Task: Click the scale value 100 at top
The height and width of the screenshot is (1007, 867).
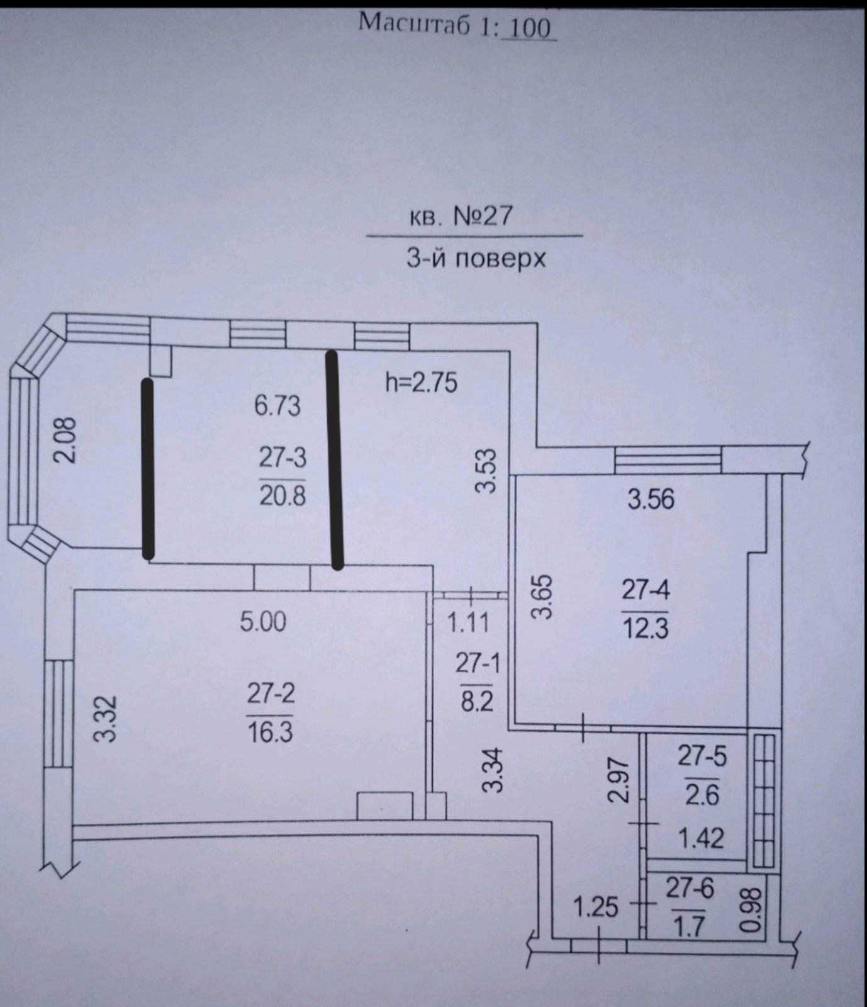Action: click(529, 28)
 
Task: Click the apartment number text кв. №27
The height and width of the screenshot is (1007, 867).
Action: click(461, 217)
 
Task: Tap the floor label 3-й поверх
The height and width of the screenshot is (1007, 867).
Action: click(476, 259)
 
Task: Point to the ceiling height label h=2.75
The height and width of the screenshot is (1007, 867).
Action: click(421, 382)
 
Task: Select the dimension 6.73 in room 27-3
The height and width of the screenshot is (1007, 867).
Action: click(277, 406)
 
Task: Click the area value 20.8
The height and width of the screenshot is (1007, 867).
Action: click(282, 496)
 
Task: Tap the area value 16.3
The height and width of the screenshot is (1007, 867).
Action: click(271, 733)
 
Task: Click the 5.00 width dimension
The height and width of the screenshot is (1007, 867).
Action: click(263, 622)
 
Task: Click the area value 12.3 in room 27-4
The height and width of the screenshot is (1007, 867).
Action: click(646, 628)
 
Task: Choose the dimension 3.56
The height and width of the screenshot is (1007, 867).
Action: click(651, 500)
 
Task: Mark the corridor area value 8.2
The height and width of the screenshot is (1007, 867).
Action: click(477, 701)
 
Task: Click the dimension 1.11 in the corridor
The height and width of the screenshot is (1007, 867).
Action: click(467, 623)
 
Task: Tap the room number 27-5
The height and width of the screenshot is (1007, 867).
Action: click(702, 757)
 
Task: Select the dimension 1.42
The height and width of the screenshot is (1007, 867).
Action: click(702, 838)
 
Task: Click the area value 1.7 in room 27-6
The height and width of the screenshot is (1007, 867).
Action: click(690, 927)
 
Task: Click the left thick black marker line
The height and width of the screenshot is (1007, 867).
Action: click(148, 469)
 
